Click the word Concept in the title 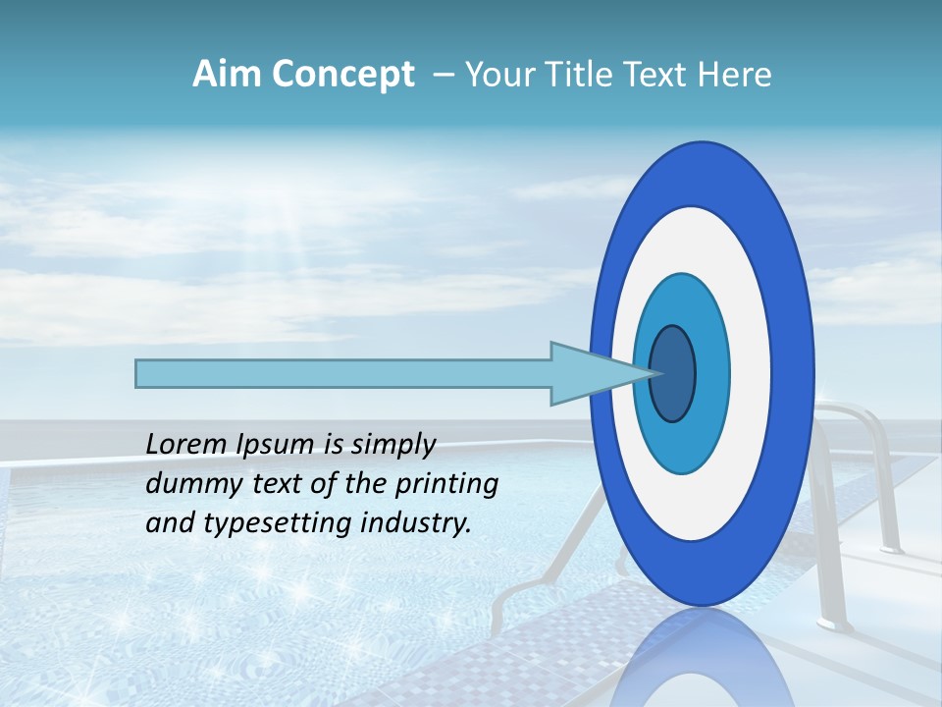[x=342, y=75]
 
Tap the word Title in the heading [x=594, y=75]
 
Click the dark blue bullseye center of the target [x=672, y=373]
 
